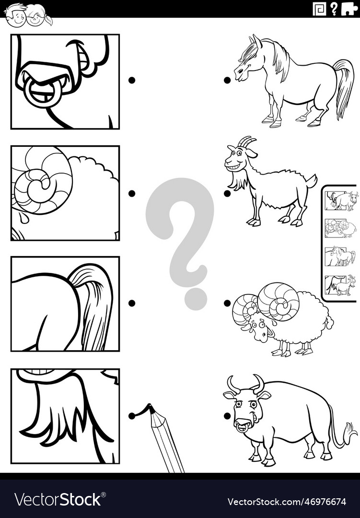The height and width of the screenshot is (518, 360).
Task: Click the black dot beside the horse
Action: pos(227,80)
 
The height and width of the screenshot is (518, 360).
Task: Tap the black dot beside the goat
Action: pos(227,193)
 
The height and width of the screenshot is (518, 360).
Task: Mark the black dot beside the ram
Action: pos(227,303)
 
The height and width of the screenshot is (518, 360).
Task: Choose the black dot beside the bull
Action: pos(227,415)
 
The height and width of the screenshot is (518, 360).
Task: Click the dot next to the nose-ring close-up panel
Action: pos(131,80)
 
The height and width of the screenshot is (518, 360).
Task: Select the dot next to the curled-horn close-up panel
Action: pos(131,193)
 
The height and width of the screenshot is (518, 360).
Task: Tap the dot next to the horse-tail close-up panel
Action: pos(131,303)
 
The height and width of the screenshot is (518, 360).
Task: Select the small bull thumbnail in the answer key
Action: pos(341,200)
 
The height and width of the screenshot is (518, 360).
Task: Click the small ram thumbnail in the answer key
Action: pos(341,228)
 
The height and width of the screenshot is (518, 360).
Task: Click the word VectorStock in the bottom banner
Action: pos(58,500)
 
